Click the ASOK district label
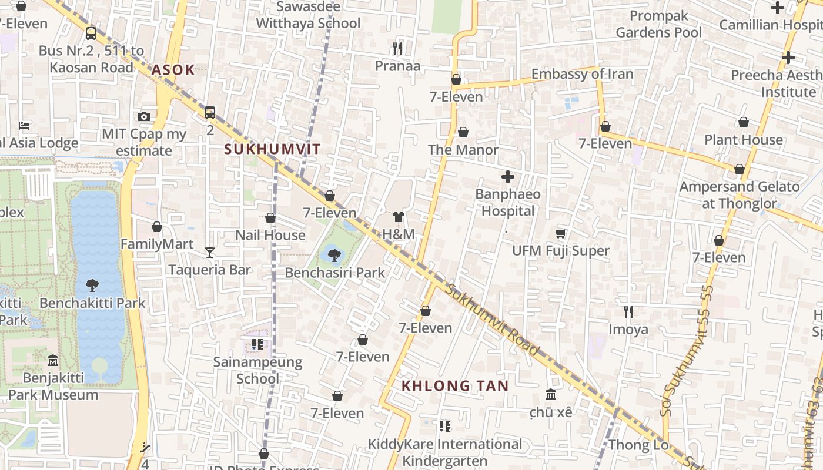point(173,70)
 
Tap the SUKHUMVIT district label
point(273,149)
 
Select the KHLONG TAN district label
point(455,386)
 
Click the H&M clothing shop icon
point(399,217)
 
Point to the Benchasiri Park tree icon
point(334,255)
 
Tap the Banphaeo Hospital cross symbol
point(508,176)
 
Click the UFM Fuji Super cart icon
point(561,233)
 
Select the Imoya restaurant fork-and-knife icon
point(628,311)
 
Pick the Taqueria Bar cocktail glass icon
point(210,252)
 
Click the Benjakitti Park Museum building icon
point(53,360)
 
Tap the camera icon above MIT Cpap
point(144,116)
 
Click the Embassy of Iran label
point(582,74)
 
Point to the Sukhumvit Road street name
point(493,320)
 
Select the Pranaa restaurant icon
point(398,48)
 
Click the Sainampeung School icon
point(257,344)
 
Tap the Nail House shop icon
point(270,218)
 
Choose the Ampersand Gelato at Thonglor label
point(740,195)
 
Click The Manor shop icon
point(463,132)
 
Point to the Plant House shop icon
point(744,122)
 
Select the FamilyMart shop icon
point(157,227)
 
